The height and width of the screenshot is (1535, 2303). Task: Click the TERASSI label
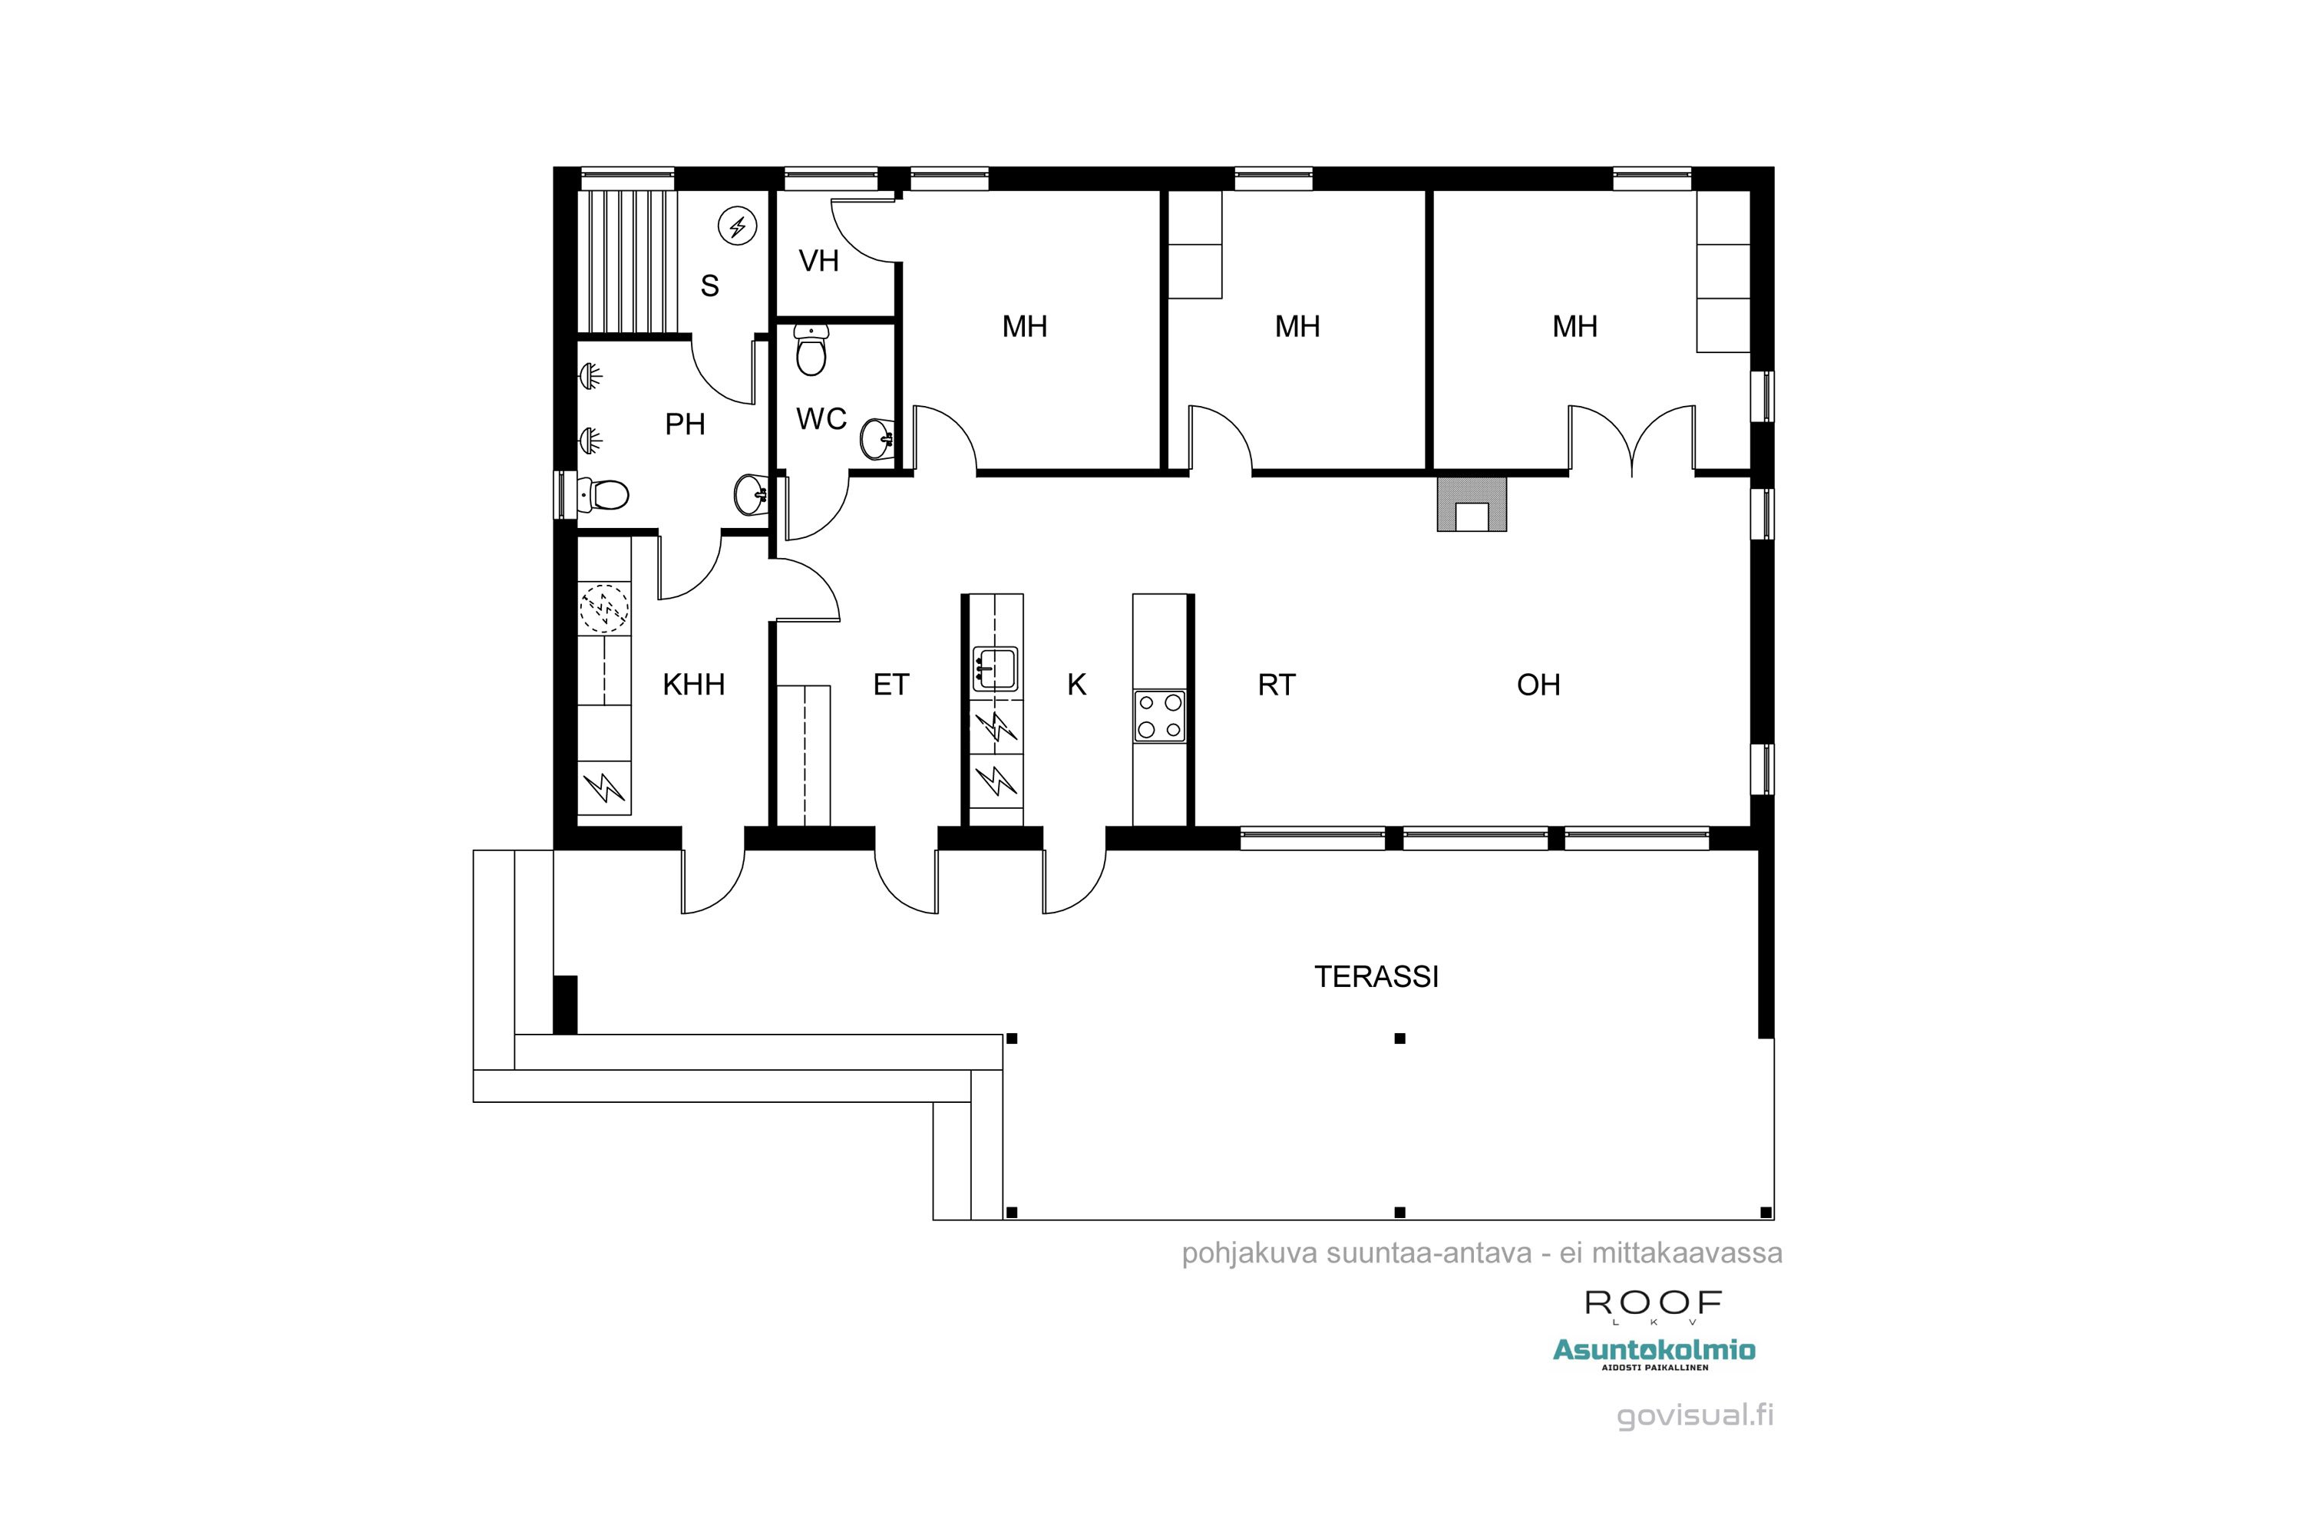[x=1376, y=977]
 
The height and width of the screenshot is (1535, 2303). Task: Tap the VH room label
[x=818, y=262]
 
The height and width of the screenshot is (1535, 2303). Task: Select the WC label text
[x=821, y=419]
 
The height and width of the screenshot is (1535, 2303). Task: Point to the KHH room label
[x=693, y=685]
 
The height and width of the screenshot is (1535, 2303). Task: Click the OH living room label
[x=1538, y=685]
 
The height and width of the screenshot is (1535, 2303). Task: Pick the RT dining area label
[x=1276, y=685]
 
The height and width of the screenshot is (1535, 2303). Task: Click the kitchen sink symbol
[x=996, y=669]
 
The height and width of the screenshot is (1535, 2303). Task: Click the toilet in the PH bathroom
[x=602, y=494]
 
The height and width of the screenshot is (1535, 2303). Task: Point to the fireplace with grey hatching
[x=1472, y=503]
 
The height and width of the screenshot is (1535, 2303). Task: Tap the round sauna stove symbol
[x=737, y=228]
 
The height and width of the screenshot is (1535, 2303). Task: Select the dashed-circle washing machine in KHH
[x=604, y=609]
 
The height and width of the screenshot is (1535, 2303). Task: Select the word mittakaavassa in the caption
[x=1686, y=1254]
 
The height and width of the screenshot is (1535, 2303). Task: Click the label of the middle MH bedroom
[x=1297, y=327]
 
